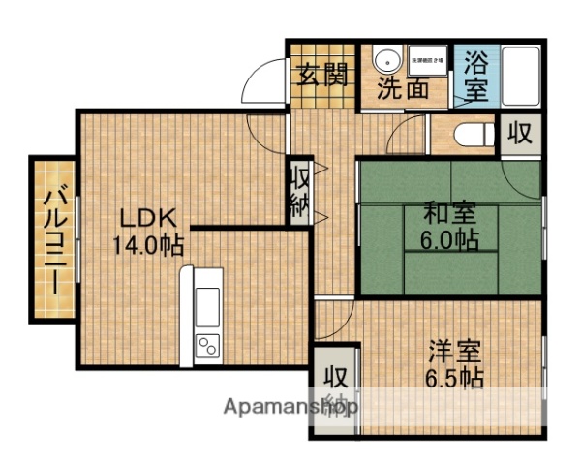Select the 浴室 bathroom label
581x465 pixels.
click(x=475, y=77)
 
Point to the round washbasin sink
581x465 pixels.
click(x=385, y=59)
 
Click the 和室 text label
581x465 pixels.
click(x=448, y=212)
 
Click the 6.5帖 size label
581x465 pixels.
click(x=455, y=378)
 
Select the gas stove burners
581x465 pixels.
click(x=207, y=344)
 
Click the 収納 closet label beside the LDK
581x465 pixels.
click(x=300, y=192)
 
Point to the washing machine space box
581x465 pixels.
click(x=427, y=59)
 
